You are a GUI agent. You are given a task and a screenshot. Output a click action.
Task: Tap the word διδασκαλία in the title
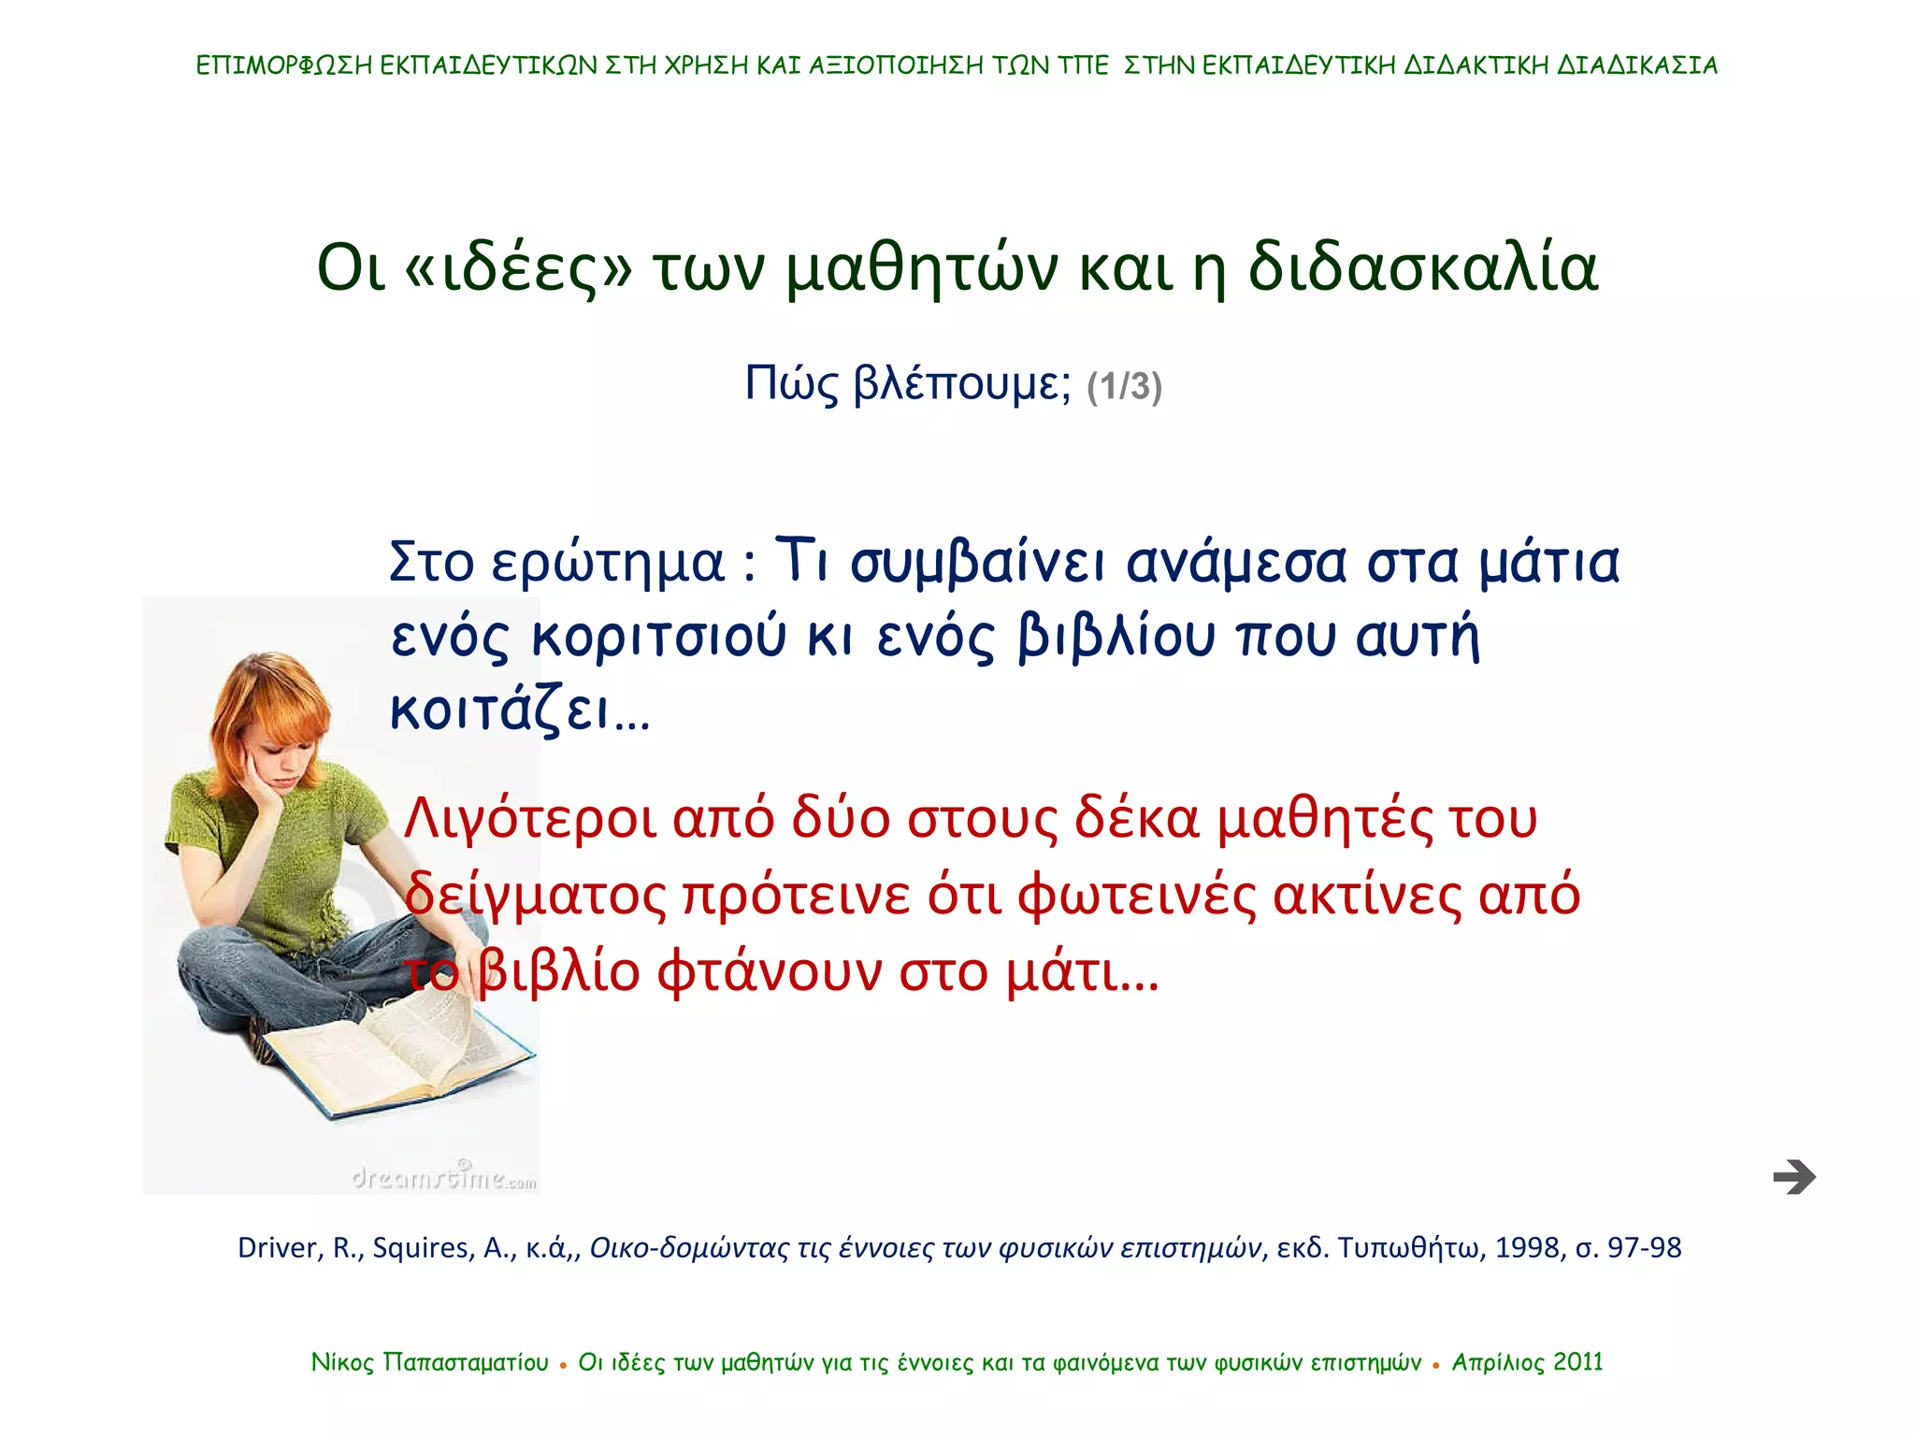[1422, 268]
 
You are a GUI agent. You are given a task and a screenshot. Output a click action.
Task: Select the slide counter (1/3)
[1124, 386]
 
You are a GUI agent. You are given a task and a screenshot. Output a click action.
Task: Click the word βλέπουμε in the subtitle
[962, 384]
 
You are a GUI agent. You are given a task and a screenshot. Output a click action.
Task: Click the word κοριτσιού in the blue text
[658, 637]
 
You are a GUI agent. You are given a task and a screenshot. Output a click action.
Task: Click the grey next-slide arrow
[1793, 1176]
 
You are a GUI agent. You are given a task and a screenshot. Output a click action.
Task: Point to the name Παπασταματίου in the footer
[466, 1362]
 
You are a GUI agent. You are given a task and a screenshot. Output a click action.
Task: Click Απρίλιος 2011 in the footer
[1527, 1362]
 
